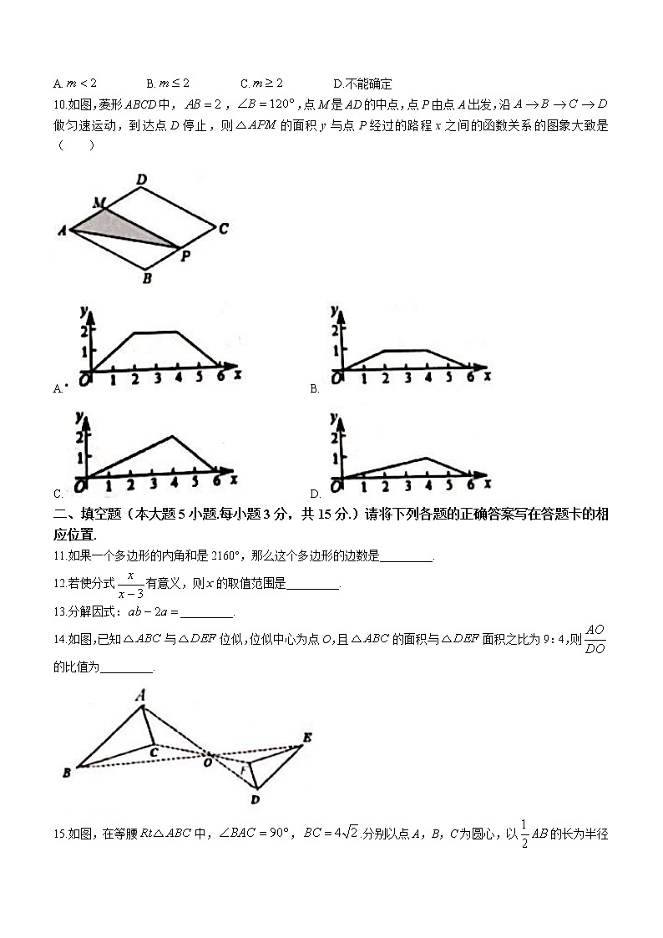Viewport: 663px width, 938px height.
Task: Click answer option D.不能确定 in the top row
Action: point(362,84)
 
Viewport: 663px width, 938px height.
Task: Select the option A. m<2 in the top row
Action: point(75,84)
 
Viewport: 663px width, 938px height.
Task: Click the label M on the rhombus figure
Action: point(99,203)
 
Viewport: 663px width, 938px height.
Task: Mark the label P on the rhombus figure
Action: point(185,256)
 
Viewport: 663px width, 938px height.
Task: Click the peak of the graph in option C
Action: point(173,437)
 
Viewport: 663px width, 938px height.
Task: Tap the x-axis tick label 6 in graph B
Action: point(470,378)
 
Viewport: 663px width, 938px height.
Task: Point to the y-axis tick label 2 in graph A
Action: point(84,331)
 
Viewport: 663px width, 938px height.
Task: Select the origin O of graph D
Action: point(337,485)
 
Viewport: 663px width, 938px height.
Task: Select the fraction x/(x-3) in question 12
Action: point(130,585)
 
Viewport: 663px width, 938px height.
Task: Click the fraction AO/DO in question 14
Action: point(595,639)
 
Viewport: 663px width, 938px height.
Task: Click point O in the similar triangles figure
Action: point(208,759)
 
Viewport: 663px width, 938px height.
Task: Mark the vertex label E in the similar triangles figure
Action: point(306,737)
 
